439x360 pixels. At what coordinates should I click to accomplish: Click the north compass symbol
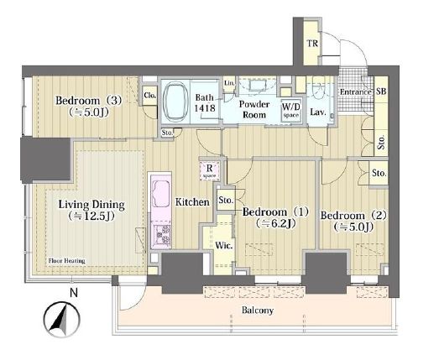(62, 320)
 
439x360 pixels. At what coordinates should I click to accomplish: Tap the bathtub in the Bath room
(175, 102)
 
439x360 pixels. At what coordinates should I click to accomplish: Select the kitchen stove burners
(161, 235)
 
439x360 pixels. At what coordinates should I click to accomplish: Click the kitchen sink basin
(160, 194)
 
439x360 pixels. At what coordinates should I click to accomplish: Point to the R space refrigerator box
(209, 170)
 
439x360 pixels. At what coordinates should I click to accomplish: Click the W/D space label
(291, 110)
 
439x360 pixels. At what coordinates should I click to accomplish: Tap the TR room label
(312, 43)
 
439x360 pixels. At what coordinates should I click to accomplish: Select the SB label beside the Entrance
(381, 91)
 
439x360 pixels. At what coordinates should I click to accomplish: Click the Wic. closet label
(224, 246)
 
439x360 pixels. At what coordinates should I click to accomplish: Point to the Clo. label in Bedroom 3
(149, 96)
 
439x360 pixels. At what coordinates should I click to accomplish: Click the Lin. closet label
(229, 83)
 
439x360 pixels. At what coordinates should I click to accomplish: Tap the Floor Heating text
(66, 261)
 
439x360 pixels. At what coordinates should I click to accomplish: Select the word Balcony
(258, 310)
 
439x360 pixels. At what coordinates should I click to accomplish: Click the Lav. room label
(318, 112)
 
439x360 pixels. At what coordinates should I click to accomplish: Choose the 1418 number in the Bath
(205, 107)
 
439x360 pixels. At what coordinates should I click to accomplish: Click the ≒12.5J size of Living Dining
(91, 216)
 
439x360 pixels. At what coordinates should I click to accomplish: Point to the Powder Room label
(254, 109)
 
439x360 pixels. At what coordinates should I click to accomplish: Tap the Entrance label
(356, 91)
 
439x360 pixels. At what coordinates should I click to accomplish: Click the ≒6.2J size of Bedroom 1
(276, 223)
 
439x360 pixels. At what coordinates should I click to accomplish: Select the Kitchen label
(192, 202)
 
